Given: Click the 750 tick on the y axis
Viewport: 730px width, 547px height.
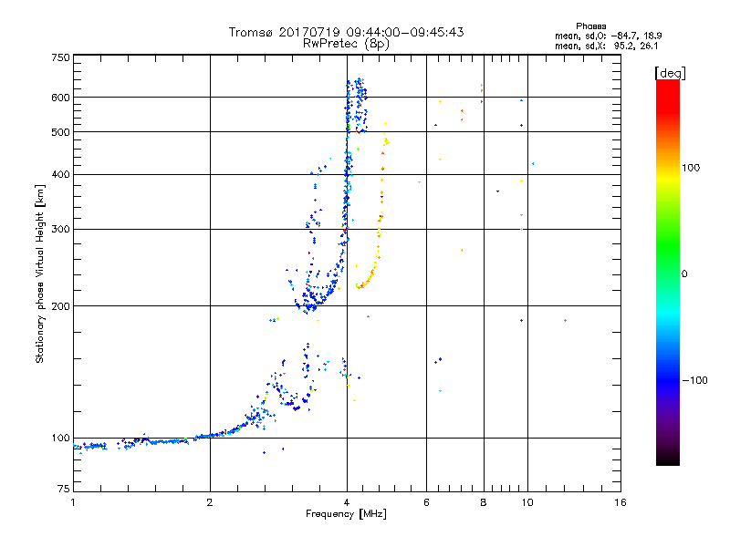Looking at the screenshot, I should [x=60, y=57].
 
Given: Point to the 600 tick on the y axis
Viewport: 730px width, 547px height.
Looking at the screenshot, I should [x=60, y=97].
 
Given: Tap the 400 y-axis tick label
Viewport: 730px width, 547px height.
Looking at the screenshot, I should [x=60, y=174].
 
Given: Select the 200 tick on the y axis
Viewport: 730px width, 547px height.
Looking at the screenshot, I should [x=60, y=305].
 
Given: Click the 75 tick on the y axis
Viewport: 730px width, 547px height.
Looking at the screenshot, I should [x=63, y=490].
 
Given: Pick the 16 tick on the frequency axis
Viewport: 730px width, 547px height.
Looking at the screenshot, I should [x=620, y=502].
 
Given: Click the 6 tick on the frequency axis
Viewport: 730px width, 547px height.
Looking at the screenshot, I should [x=426, y=502].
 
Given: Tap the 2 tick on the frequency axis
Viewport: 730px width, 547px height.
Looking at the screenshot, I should [x=210, y=502].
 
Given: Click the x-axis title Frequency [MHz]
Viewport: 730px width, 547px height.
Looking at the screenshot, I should [x=346, y=514].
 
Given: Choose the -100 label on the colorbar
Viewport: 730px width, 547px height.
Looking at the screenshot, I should [x=698, y=380].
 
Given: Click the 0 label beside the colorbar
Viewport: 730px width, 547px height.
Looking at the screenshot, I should [x=687, y=273].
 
